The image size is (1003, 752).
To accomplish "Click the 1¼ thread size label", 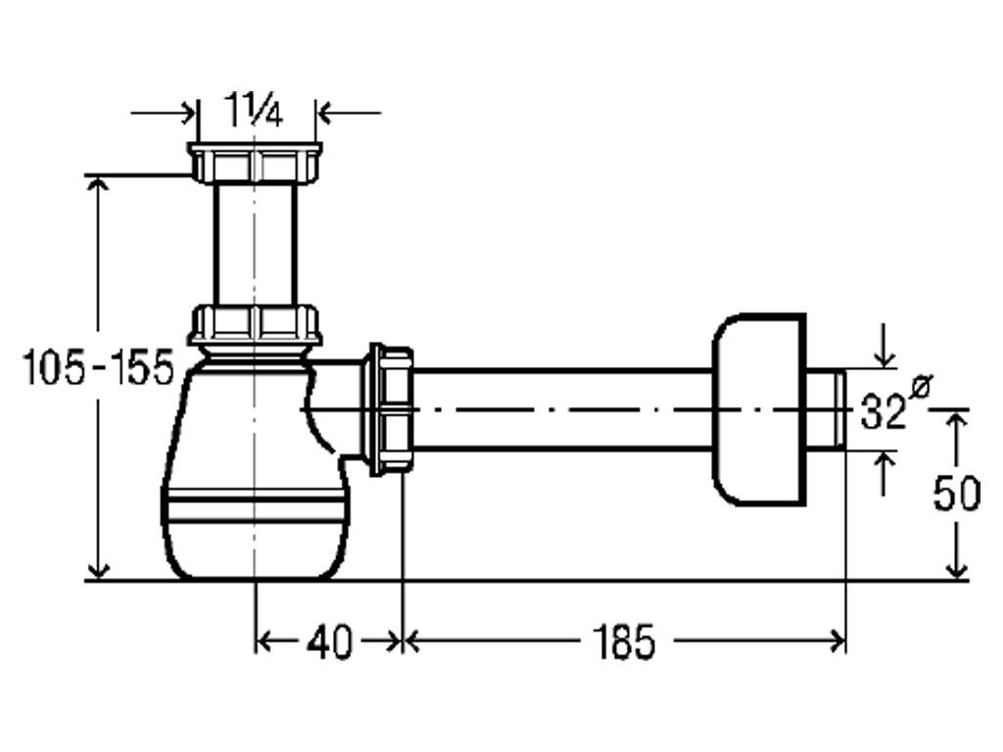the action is [x=254, y=110].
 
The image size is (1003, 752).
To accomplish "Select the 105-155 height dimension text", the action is [x=97, y=367].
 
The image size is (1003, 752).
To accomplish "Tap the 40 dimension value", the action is [x=329, y=641].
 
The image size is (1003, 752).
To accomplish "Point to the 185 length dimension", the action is [x=624, y=641].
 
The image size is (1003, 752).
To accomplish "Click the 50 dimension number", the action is [x=956, y=493].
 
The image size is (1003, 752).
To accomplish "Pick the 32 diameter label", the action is [x=883, y=411].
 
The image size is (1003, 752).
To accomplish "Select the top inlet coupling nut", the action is [x=255, y=163].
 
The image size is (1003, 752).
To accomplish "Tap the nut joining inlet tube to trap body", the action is [x=255, y=325].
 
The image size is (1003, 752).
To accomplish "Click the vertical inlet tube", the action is [x=255, y=244].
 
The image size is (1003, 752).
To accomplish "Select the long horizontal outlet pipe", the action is [x=563, y=409].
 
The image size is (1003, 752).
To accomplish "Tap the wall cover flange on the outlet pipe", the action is [x=759, y=409].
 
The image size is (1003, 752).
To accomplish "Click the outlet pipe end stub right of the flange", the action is [x=826, y=409].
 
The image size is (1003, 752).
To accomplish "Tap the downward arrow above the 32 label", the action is [x=884, y=346].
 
